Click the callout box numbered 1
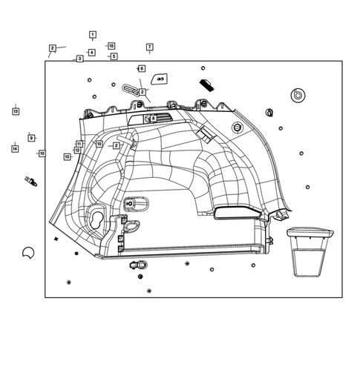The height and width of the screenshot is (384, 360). pos(93,35)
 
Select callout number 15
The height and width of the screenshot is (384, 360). pos(111,46)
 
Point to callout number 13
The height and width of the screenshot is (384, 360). pos(15,111)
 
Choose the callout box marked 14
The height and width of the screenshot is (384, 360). pos(14,149)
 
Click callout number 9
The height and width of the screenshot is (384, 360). pos(31,138)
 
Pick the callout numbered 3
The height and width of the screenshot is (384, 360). pos(79,59)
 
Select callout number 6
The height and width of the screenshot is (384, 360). pos(141,68)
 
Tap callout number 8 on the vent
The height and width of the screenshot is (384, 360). pos(154,118)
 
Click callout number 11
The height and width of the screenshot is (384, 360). pos(79,144)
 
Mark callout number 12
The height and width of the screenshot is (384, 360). pos(77,150)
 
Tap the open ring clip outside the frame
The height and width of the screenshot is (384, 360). pos(29,252)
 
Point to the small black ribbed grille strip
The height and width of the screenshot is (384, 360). pos(206,83)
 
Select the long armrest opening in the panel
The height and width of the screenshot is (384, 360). pos(237,214)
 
